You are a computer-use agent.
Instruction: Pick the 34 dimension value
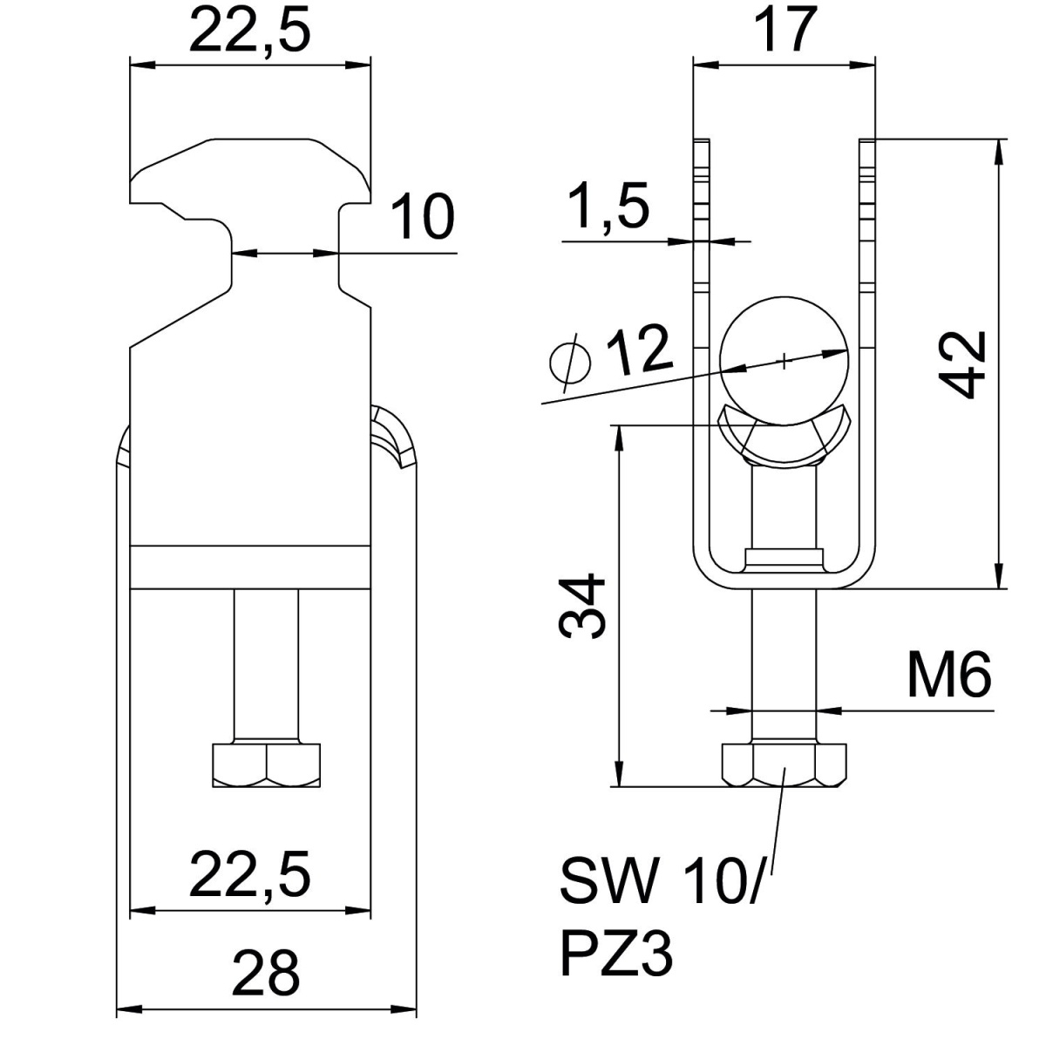coord(581,606)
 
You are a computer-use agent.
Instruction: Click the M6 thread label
coord(949,675)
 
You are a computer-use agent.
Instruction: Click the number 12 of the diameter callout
coord(640,350)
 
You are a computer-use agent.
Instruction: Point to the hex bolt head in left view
coord(266,764)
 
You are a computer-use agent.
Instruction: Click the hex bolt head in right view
coord(784,764)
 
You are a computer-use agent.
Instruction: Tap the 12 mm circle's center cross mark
coord(784,360)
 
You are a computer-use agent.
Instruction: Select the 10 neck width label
coord(422,216)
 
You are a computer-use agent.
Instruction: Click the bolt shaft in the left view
coord(266,665)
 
